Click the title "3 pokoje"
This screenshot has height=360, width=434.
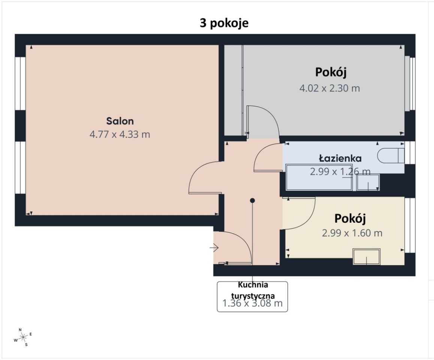[224, 23]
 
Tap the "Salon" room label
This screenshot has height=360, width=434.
[120, 121]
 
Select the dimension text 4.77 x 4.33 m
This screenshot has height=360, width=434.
[120, 134]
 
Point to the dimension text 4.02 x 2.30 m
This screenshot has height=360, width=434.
[329, 88]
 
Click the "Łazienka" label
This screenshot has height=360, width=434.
[340, 159]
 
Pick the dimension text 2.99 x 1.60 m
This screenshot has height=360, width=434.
[352, 233]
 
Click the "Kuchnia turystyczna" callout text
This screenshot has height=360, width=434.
[253, 290]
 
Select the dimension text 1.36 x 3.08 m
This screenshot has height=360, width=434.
[253, 303]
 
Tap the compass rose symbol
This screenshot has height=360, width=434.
[23, 337]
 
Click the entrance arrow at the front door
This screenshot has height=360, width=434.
[214, 248]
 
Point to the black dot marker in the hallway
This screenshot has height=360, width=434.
[253, 200]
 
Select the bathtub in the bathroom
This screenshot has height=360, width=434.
[319, 177]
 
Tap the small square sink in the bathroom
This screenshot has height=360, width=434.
[368, 183]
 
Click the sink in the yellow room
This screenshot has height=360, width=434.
[367, 257]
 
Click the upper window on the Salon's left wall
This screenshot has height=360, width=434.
[20, 83]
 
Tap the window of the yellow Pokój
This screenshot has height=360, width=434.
[410, 225]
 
